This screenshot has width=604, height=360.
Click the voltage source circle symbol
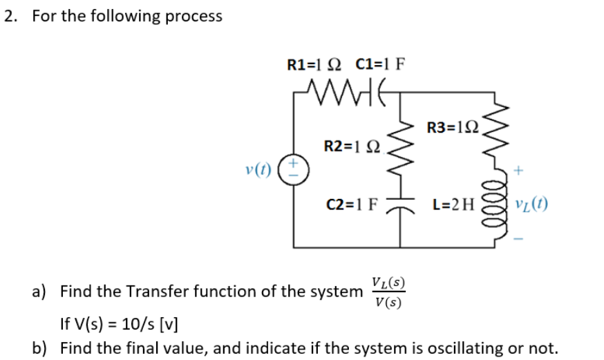295,168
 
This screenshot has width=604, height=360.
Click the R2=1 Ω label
350,146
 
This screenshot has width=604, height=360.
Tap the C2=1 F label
352,205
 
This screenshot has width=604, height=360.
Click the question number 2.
9,16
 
